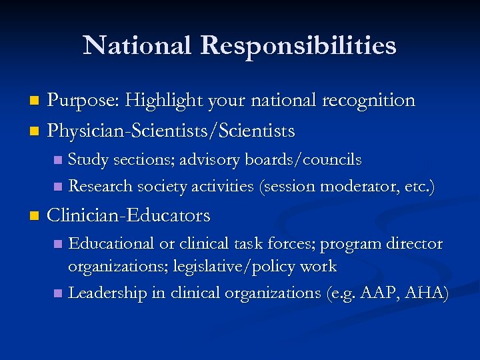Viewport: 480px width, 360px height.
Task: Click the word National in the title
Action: (x=136, y=46)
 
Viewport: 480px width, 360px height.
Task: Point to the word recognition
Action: (x=369, y=101)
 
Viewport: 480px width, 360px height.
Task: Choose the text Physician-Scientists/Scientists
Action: (x=171, y=131)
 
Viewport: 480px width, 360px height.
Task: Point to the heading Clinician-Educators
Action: (x=129, y=215)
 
